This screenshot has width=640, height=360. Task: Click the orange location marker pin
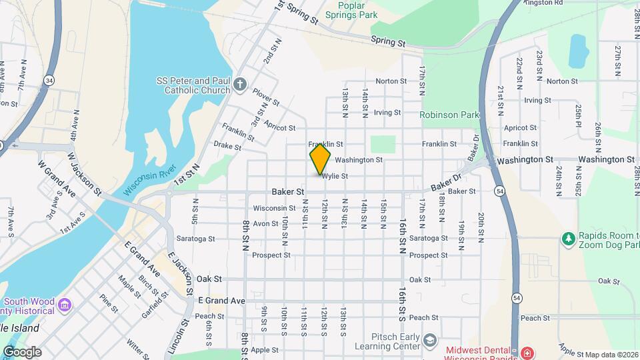(321, 157)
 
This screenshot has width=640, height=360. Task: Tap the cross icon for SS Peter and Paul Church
(240, 85)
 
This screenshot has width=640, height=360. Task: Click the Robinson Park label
(449, 115)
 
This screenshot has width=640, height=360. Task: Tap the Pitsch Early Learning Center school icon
(430, 341)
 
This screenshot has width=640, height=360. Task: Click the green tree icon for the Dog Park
(568, 238)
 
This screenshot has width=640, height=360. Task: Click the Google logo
(22, 352)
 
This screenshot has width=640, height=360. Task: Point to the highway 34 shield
(49, 80)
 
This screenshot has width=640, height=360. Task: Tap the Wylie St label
(335, 177)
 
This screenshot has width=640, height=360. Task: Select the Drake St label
(227, 145)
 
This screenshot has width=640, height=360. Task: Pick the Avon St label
(265, 223)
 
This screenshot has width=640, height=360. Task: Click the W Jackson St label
(83, 173)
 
